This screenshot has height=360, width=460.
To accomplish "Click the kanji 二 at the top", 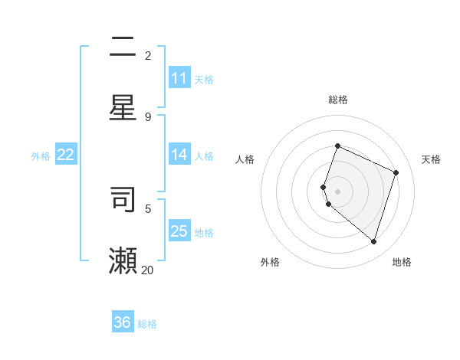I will click(123, 48).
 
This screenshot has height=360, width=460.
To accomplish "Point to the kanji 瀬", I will click(123, 260).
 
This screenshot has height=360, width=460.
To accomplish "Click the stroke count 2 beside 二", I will click(148, 55).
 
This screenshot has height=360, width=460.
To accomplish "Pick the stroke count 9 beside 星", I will click(148, 116).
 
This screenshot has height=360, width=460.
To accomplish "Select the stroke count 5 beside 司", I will click(148, 208).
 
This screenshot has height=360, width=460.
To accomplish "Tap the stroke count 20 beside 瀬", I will click(147, 270).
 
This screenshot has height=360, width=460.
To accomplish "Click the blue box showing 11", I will click(179, 78).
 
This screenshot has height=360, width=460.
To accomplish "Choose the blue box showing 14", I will click(179, 155).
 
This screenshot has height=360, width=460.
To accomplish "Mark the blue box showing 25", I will click(179, 231).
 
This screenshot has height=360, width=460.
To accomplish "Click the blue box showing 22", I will click(66, 155).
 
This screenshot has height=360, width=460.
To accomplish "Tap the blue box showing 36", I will click(123, 322).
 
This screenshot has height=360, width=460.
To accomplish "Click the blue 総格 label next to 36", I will click(147, 324).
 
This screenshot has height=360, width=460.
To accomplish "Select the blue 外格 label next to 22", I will click(41, 156).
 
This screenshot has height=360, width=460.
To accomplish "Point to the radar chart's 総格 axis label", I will click(337, 100).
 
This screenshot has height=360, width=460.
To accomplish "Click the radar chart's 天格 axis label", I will click(431, 159).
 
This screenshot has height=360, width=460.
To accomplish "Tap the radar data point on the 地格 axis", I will click(373, 241).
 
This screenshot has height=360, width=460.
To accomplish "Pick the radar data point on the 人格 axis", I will click(324, 187).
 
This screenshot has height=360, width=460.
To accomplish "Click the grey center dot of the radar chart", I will click(337, 191).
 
